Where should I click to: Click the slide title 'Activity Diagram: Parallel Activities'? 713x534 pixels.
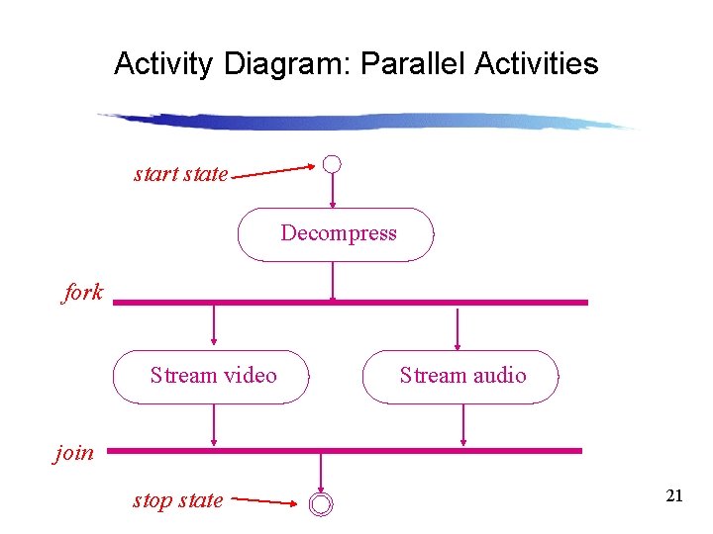(356, 64)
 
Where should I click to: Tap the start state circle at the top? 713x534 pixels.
(333, 164)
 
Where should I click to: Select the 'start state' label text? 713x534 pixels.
(181, 175)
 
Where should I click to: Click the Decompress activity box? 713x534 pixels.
(336, 234)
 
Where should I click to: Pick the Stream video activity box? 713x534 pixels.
(212, 377)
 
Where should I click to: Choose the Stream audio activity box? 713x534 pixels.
(460, 377)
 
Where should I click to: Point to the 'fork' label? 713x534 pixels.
(83, 293)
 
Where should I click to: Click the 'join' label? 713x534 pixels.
(74, 454)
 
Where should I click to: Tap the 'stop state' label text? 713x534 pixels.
(178, 500)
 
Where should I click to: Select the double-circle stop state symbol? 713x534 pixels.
(321, 504)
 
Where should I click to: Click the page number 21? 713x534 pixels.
(674, 496)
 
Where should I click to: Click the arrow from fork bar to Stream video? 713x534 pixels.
(214, 326)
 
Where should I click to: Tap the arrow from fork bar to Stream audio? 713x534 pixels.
(458, 328)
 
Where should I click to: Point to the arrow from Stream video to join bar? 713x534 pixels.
(214, 426)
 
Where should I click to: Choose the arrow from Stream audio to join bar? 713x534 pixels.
(463, 426)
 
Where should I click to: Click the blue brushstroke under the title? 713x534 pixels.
(366, 122)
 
